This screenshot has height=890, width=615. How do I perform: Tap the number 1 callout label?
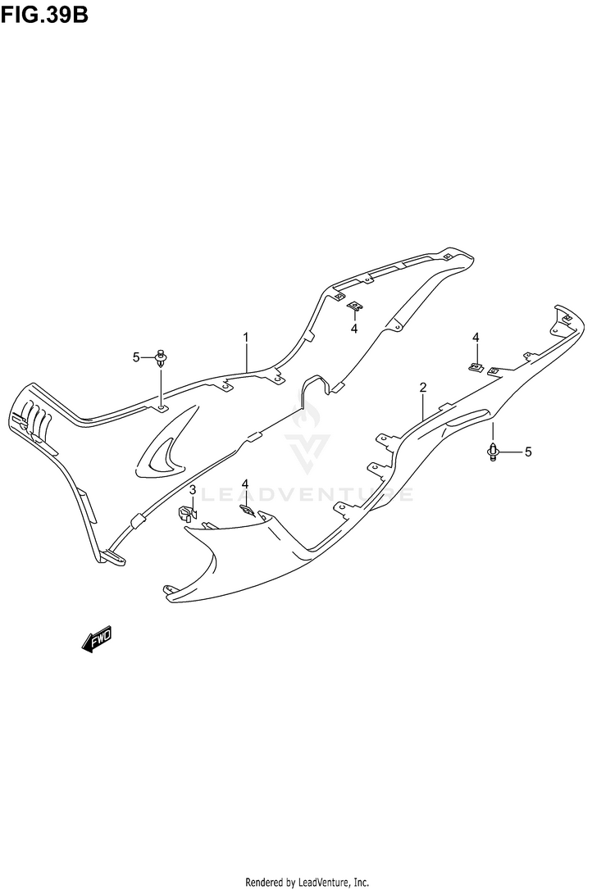click(x=245, y=337)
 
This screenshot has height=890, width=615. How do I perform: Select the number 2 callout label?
click(x=423, y=387)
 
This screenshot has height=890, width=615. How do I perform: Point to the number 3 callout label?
click(x=192, y=490)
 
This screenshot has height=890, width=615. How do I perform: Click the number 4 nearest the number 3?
click(x=244, y=486)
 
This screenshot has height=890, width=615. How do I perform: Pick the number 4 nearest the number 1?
click(x=354, y=329)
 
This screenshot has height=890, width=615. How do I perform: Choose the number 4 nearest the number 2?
click(x=475, y=338)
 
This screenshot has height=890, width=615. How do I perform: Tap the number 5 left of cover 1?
click(x=137, y=356)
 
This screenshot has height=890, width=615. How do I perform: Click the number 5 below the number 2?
click(x=529, y=452)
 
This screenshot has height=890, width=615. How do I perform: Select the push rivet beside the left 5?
click(x=162, y=357)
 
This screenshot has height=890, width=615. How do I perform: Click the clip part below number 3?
click(x=187, y=515)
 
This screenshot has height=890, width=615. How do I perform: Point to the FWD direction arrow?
click(x=97, y=640)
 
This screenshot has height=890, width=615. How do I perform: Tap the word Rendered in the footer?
click(x=265, y=882)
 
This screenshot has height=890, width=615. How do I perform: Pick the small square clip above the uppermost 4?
click(x=353, y=307)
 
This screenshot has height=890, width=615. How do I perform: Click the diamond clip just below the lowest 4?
click(x=245, y=508)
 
